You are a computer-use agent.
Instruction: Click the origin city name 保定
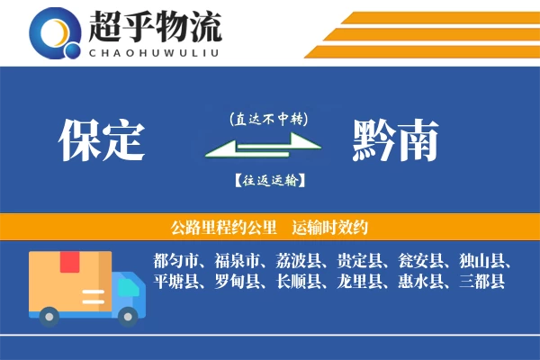pyautogui.click(x=102, y=140)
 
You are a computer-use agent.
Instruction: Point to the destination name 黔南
pyautogui.click(x=396, y=140)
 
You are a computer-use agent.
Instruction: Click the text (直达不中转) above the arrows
pyautogui.click(x=267, y=118)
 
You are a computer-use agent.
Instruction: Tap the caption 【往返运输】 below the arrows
pyautogui.click(x=267, y=181)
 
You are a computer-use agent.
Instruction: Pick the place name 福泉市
pyautogui.click(x=237, y=262)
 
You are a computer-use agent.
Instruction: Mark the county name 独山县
pyautogui.click(x=483, y=262)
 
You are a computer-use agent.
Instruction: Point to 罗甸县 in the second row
pyautogui.click(x=237, y=282)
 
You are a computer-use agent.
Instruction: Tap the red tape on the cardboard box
pyautogui.click(x=69, y=263)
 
